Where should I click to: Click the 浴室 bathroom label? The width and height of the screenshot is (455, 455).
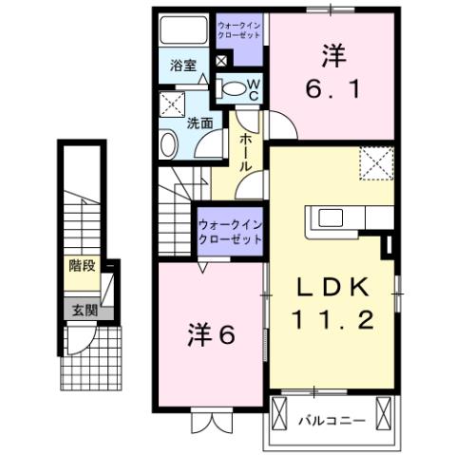tap(183, 66)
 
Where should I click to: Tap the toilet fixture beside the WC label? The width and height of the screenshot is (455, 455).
tap(232, 89)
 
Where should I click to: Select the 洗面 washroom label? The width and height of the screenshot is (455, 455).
tap(199, 123)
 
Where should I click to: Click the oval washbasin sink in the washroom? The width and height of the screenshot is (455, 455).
tap(169, 145)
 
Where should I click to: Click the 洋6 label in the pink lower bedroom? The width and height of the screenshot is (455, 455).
tap(210, 334)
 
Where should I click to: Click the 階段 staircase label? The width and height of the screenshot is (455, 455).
tap(82, 266)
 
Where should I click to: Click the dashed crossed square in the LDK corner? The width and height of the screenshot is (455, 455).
tap(376, 163)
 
